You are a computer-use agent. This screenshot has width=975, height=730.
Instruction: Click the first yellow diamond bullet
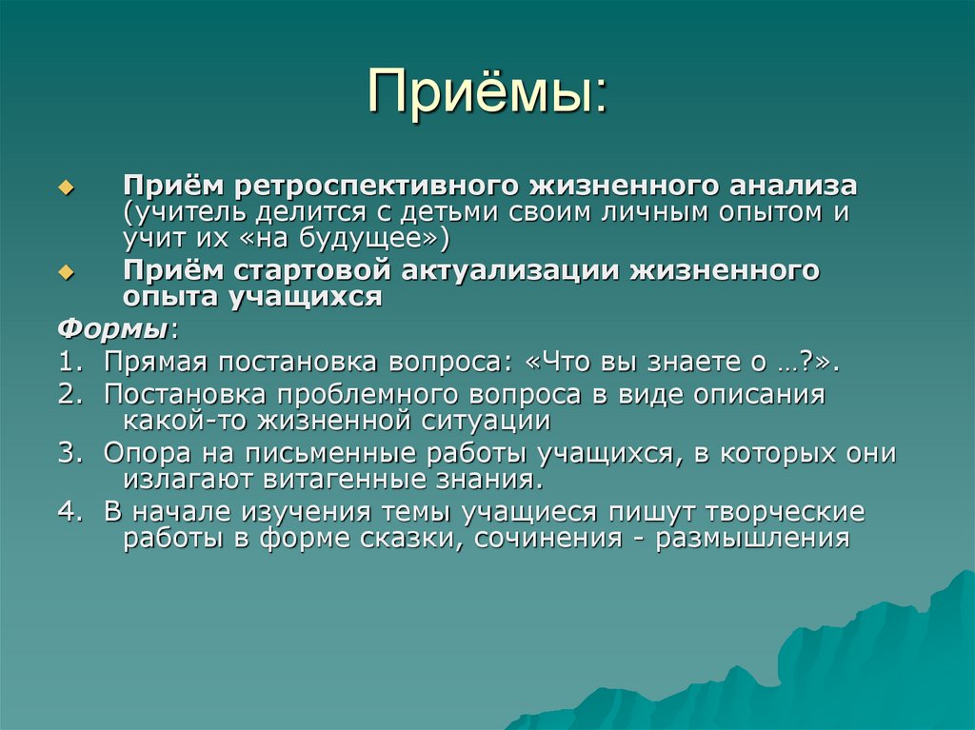[66, 188]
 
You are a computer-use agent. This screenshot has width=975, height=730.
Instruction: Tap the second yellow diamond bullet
[66, 272]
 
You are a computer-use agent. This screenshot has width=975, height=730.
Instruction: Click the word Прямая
[155, 362]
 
